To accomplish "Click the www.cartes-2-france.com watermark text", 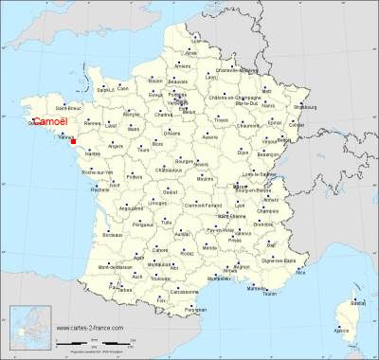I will tap(95, 328).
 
